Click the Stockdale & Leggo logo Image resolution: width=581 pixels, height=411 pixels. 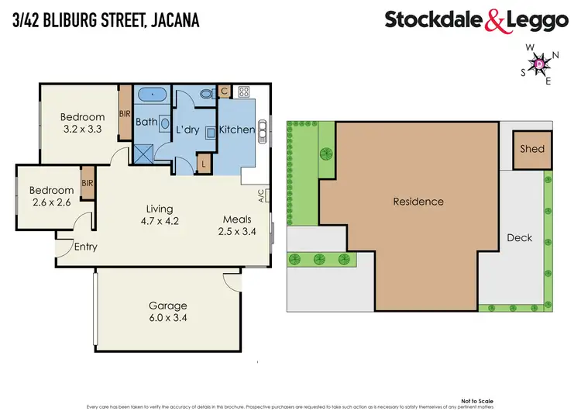pos(476,21)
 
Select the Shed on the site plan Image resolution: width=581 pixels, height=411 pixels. pos(532,149)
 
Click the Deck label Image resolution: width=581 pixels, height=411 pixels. pos(520,237)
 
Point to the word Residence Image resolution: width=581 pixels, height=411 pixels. pos(418,202)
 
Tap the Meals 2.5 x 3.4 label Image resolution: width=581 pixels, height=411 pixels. pos(237,225)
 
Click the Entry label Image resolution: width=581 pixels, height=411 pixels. pos(85,247)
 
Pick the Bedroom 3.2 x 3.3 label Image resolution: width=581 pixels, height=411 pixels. pos(82,123)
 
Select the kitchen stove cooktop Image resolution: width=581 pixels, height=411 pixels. pos(244,92)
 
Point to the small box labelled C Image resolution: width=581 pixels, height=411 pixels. pos(225,92)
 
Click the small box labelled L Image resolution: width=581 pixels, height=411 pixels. pos(203,164)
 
